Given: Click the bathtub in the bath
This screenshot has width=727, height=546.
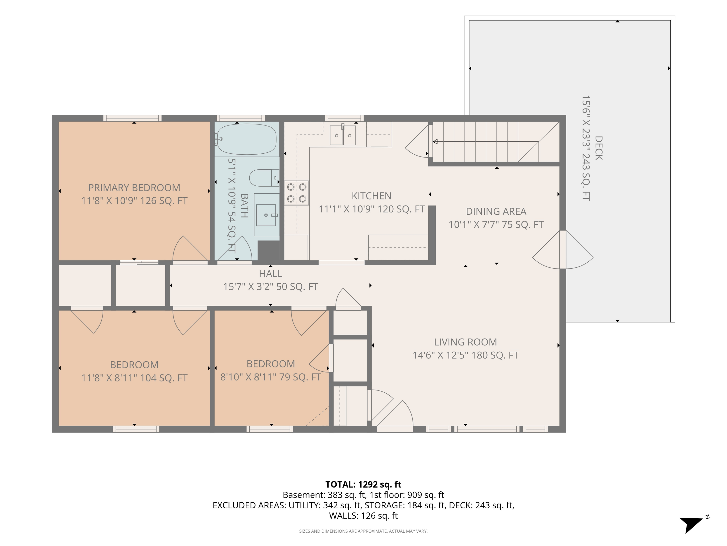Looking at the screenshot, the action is tap(246, 139).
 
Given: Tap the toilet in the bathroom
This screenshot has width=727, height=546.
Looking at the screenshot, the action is tap(264, 178).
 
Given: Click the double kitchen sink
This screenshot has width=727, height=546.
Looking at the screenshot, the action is tap(343, 135).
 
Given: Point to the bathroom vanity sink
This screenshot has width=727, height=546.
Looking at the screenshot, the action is tap(266, 215).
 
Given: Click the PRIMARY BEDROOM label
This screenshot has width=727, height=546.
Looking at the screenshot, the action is tap(134, 188).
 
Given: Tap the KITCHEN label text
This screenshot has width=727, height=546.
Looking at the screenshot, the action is tap(371, 196).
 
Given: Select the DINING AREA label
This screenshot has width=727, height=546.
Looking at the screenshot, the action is tap(496, 211).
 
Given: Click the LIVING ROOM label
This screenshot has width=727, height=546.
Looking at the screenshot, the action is tap(465, 342).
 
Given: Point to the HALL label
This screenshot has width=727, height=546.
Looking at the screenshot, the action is tap(270, 273).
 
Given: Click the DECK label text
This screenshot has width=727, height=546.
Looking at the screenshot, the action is tap(599, 148).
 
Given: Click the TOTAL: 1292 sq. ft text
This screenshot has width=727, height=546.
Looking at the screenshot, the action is tap(363, 484).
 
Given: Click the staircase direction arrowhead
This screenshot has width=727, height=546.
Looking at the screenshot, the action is tap(435, 142).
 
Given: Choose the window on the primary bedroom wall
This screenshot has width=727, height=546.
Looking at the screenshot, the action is tap(133, 118).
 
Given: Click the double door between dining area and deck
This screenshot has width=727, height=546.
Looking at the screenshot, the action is tap(563, 249).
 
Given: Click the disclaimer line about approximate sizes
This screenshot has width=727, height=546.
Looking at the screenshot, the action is tap(363, 531).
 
